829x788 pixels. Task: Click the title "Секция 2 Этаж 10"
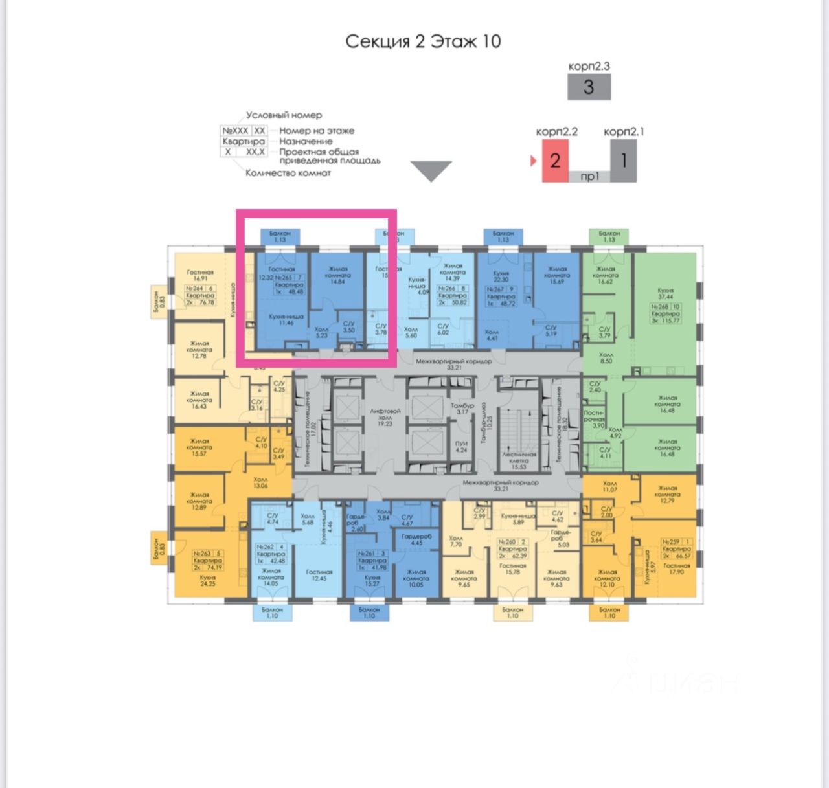tap(423, 41)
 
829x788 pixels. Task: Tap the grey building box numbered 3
tap(589, 87)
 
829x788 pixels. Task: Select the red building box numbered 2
tap(555, 160)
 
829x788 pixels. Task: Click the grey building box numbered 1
tap(623, 160)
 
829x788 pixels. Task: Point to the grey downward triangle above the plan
tap(431, 171)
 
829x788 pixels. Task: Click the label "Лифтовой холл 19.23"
tap(385, 417)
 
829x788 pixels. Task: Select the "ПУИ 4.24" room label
tap(461, 447)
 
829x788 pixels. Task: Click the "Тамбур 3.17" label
tap(462, 409)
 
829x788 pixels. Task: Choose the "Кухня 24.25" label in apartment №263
tap(208, 580)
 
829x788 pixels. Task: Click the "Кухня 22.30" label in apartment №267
tap(501, 276)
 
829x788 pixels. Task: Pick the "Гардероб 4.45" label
tap(416, 539)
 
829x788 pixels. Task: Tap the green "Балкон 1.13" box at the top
tap(609, 236)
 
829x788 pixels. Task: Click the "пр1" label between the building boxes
tap(589, 176)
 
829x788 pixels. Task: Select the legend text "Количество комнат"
tap(288, 173)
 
